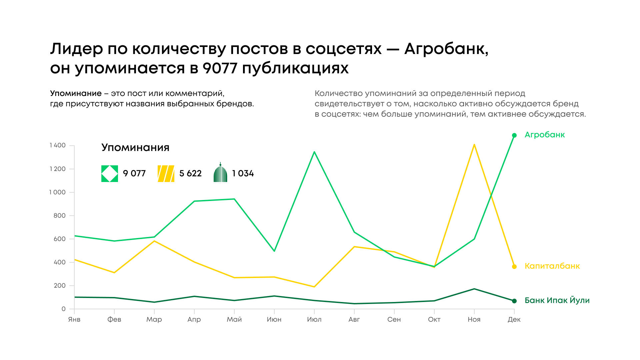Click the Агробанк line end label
pos(545,135)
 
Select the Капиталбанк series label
pos(552,266)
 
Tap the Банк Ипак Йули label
pos(557,300)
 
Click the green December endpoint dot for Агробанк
pos(514,135)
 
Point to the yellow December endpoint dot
pos(514,267)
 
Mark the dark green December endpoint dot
pos(514,301)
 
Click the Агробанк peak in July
pos(314,152)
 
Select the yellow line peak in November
pos(474,145)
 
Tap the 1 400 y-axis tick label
pos(58,145)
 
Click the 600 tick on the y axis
pos(60,239)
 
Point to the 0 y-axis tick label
pos(63,309)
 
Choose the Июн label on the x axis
pos(274,319)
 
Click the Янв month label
pos(74,319)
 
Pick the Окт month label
pos(434,319)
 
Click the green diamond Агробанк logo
pos(110,174)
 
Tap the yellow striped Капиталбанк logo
pos(166,174)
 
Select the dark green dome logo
pos(220,173)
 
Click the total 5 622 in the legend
pos(190,173)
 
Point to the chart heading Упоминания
pos(135,147)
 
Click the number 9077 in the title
pos(220,68)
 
